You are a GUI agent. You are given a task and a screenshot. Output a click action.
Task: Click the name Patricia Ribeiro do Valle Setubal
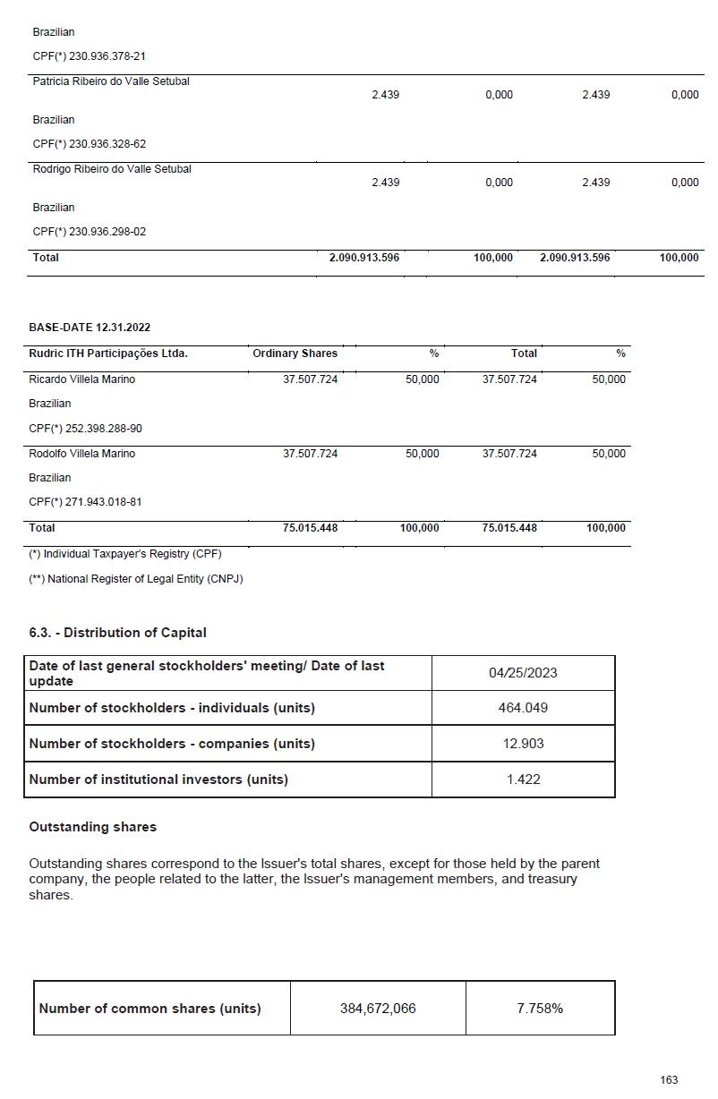[x=111, y=81]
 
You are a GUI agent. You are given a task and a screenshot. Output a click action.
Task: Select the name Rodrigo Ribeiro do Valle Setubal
[x=112, y=169]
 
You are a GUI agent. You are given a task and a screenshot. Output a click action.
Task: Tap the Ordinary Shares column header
[x=295, y=354]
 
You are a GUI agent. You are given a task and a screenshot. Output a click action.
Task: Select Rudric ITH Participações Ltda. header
[x=108, y=354]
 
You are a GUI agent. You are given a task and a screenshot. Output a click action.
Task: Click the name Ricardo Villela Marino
[x=82, y=379]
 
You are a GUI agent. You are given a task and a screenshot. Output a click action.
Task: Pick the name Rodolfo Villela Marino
[x=82, y=454]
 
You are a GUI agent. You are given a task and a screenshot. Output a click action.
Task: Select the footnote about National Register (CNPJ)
[x=136, y=579]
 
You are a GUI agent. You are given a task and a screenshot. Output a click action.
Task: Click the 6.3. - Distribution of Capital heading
[x=117, y=633]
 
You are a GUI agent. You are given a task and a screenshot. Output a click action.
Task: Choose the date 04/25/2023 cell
[x=523, y=673]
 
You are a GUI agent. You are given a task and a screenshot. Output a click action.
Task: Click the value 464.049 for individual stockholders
[x=523, y=708]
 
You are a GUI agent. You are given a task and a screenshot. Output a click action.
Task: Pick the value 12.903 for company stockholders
[x=523, y=744]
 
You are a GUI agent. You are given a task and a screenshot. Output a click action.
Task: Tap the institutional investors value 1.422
[x=523, y=780]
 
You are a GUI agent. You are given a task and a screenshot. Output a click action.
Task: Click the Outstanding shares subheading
[x=92, y=827]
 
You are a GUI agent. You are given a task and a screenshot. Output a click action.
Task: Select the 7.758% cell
[x=540, y=1009]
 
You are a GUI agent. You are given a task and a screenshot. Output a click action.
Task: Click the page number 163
[x=669, y=1080]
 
